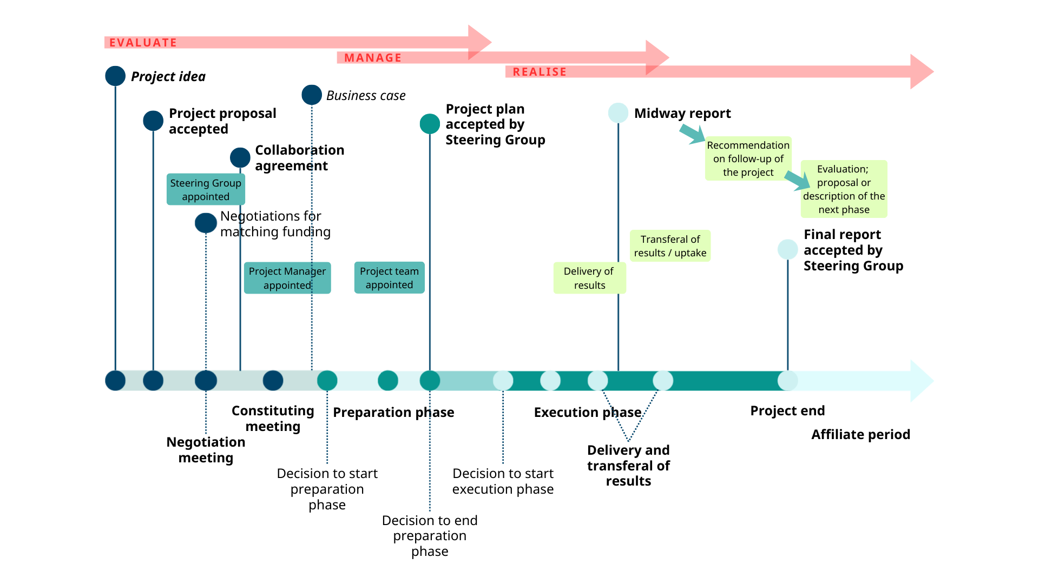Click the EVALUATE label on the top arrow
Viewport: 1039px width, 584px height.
click(143, 43)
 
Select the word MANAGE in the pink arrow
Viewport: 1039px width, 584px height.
click(373, 58)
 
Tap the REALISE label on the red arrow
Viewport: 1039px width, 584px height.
click(540, 72)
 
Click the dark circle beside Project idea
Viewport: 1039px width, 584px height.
click(115, 76)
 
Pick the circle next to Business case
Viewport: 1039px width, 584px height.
click(312, 95)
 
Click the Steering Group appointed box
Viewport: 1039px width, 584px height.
click(206, 190)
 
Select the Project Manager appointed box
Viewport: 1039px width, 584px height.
click(287, 278)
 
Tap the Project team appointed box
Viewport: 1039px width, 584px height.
click(389, 278)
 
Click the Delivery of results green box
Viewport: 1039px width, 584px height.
click(589, 278)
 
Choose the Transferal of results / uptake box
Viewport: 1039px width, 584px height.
click(670, 246)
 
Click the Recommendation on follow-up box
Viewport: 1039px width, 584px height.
click(748, 158)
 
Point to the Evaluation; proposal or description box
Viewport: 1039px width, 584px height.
click(844, 189)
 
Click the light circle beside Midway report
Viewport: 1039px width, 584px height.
click(618, 113)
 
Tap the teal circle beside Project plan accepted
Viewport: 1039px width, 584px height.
click(430, 124)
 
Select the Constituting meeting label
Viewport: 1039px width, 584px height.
click(273, 419)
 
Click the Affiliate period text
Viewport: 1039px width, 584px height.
click(860, 435)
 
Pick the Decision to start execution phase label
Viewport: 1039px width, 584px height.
click(503, 481)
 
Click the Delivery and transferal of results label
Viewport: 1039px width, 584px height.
click(628, 466)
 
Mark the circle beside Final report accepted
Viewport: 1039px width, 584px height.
click(787, 249)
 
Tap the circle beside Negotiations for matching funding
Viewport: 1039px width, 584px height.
click(206, 223)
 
